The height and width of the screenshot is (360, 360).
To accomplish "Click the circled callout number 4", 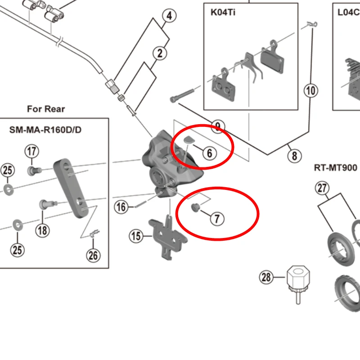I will tap(169, 17).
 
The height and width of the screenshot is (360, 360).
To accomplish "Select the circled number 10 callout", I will tap(311, 91).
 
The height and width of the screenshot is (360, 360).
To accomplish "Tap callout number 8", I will tap(294, 156).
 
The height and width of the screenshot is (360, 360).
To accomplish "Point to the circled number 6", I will tap(209, 153).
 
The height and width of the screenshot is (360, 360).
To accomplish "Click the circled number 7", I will tap(216, 219).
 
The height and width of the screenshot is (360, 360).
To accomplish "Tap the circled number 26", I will tap(93, 256).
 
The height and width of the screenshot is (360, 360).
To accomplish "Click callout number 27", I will tap(323, 188).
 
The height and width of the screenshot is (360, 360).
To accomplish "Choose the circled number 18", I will tap(42, 230).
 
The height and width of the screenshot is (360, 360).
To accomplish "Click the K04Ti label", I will tap(223, 12).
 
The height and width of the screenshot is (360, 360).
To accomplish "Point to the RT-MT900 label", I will tap(335, 168).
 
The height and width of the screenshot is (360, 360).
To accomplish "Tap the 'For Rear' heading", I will tap(46, 109).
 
